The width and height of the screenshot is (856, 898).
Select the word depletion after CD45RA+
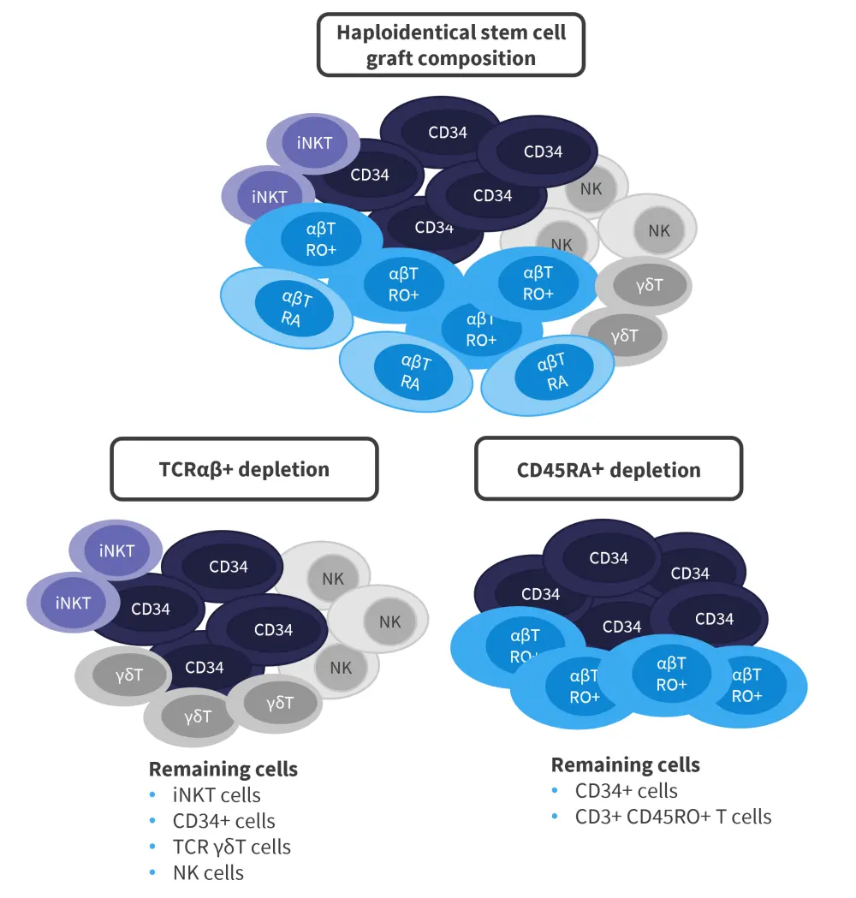point(655,470)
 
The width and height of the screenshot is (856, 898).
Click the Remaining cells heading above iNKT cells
point(223,769)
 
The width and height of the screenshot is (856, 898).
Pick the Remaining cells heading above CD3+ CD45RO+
point(625,764)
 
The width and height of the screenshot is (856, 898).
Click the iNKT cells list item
point(217,795)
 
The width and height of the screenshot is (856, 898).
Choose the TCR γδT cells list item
point(232,847)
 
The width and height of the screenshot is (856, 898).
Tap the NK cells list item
point(208,873)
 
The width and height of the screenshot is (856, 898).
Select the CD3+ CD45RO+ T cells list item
point(673,817)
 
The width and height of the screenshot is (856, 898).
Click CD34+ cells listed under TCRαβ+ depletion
point(224,822)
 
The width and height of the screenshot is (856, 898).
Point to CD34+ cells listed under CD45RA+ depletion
point(626,791)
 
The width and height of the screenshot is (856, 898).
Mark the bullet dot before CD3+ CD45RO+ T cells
point(555,817)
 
